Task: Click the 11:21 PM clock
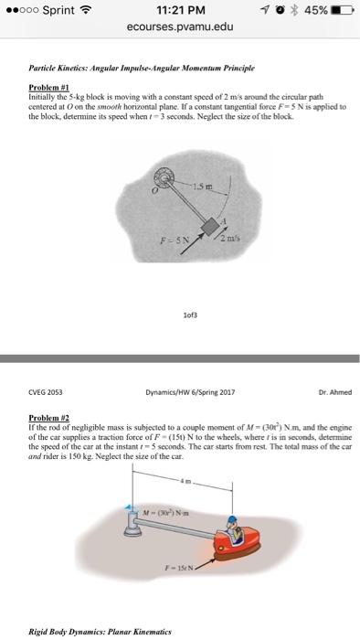tap(179, 11)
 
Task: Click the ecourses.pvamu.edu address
tap(179, 27)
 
